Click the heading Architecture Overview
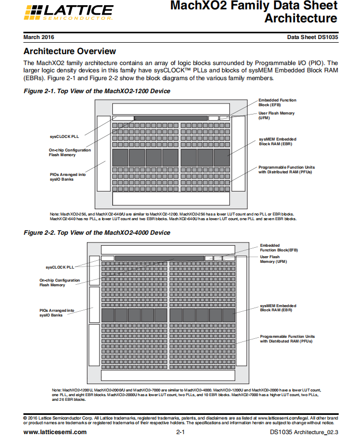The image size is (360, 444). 70,52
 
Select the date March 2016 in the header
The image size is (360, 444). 39,37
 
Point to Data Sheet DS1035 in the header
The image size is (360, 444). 312,37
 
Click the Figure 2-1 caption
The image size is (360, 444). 97,91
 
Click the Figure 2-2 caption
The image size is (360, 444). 97,233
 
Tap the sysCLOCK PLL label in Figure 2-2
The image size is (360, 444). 60,267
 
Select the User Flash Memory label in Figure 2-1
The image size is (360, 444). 276,115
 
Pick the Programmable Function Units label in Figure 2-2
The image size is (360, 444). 287,339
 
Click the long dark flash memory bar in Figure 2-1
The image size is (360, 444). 171,118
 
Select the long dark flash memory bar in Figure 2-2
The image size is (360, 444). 160,258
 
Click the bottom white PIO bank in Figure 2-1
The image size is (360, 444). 171,198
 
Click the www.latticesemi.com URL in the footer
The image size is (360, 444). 55,432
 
